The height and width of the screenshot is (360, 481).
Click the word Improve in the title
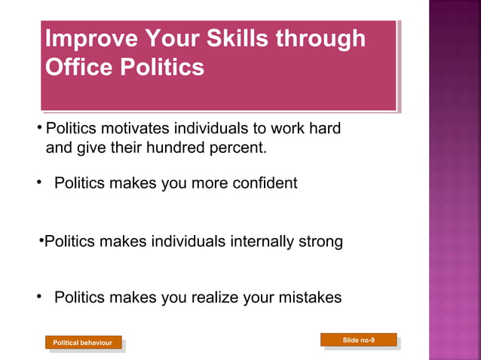(x=91, y=38)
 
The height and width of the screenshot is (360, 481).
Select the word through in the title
(x=320, y=38)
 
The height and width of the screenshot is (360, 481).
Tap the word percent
(x=237, y=148)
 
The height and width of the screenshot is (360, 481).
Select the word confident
(x=262, y=183)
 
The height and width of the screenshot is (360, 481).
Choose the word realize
(x=208, y=297)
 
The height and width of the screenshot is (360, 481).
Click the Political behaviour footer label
(x=82, y=343)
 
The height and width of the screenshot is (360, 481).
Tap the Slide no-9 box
(x=358, y=340)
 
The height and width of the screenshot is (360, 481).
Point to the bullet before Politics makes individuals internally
(x=41, y=241)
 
